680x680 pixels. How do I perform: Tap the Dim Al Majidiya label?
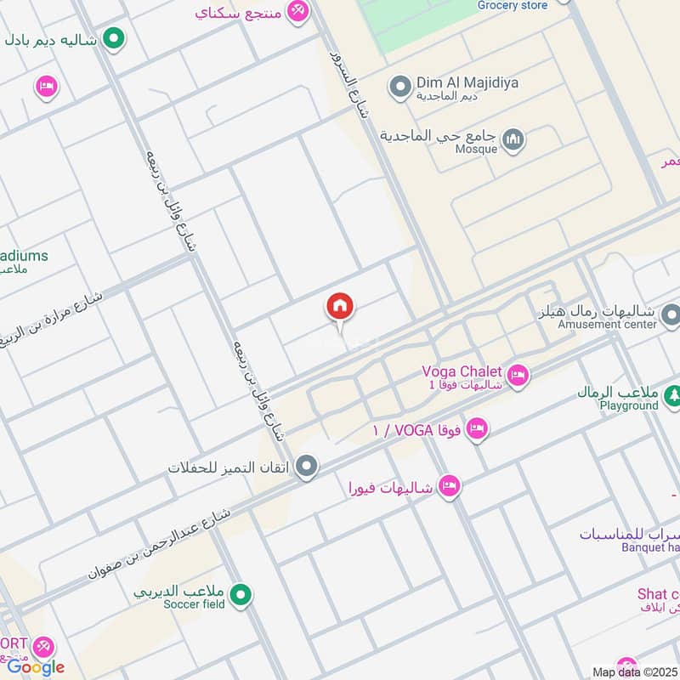click(467, 83)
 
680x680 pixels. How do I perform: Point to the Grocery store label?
click(513, 5)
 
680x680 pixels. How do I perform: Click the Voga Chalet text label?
click(462, 371)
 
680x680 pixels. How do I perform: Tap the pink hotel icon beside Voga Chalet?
click(517, 374)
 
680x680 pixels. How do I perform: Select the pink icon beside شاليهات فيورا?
click(450, 486)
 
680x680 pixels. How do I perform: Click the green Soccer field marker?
click(241, 595)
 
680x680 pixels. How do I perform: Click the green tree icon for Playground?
click(672, 394)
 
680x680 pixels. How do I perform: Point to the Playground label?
click(629, 405)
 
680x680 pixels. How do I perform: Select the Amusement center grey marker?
click(671, 316)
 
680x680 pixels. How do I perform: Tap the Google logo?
click(36, 667)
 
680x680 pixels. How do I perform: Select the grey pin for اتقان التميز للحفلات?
click(308, 467)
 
